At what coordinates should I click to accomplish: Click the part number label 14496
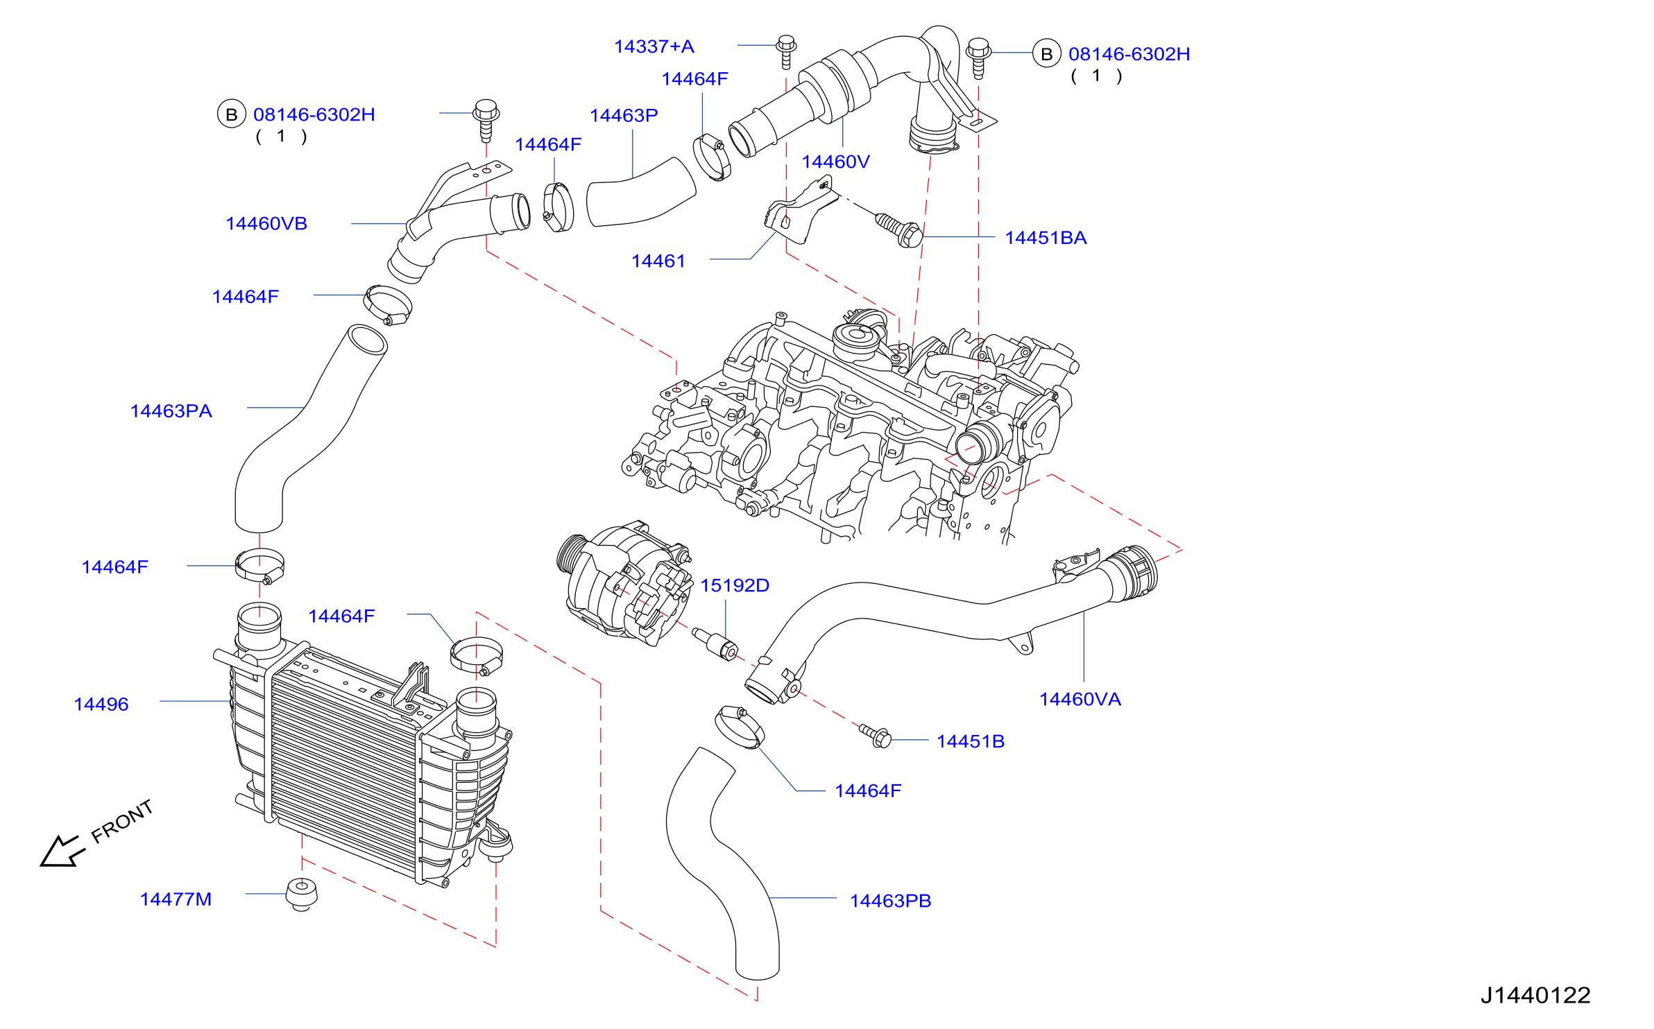point(101,704)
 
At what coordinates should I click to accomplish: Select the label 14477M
point(176,899)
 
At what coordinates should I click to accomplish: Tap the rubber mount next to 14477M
point(302,894)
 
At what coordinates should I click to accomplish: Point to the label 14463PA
point(171,411)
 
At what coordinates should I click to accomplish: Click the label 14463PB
point(890,901)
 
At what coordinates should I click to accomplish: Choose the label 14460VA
point(1080,699)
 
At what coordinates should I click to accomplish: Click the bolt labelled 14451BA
point(899,230)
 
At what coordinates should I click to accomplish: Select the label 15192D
point(735,585)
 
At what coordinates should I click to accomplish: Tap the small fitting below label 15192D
point(715,644)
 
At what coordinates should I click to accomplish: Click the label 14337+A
point(654,46)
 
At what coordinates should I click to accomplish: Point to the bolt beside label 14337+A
point(786,51)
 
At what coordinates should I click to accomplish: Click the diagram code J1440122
point(1535,995)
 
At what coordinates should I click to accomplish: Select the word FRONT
point(122,822)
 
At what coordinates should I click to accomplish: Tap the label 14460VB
point(266,223)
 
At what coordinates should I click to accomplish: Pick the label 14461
point(658,261)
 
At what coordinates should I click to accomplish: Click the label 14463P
point(624,115)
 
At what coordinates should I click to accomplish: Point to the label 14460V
point(836,162)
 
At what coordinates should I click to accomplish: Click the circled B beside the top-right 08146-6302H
point(1047,53)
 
